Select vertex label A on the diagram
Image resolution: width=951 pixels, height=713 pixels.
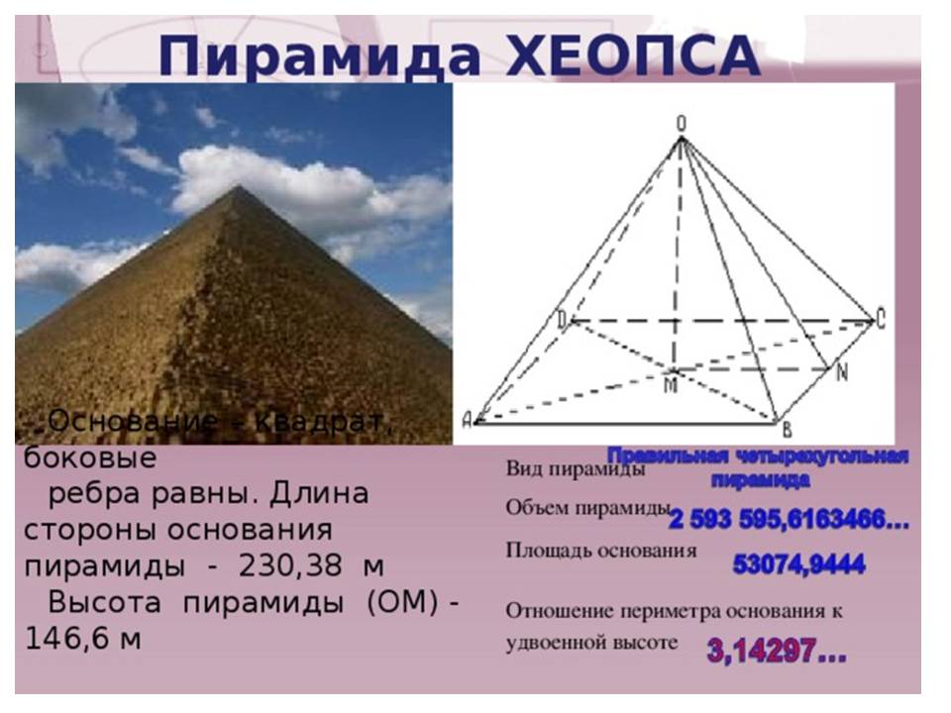[467, 420]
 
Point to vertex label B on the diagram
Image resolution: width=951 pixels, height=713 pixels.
[787, 428]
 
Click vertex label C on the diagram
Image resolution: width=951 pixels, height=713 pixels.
[880, 319]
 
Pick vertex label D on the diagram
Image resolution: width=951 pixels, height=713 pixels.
[562, 319]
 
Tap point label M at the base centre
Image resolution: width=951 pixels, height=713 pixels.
[671, 384]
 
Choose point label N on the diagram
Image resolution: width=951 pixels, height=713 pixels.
[841, 374]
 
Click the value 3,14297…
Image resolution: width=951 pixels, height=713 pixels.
[777, 651]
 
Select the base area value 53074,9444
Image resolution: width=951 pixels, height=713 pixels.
[798, 565]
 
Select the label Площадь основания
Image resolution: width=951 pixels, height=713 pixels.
[600, 550]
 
